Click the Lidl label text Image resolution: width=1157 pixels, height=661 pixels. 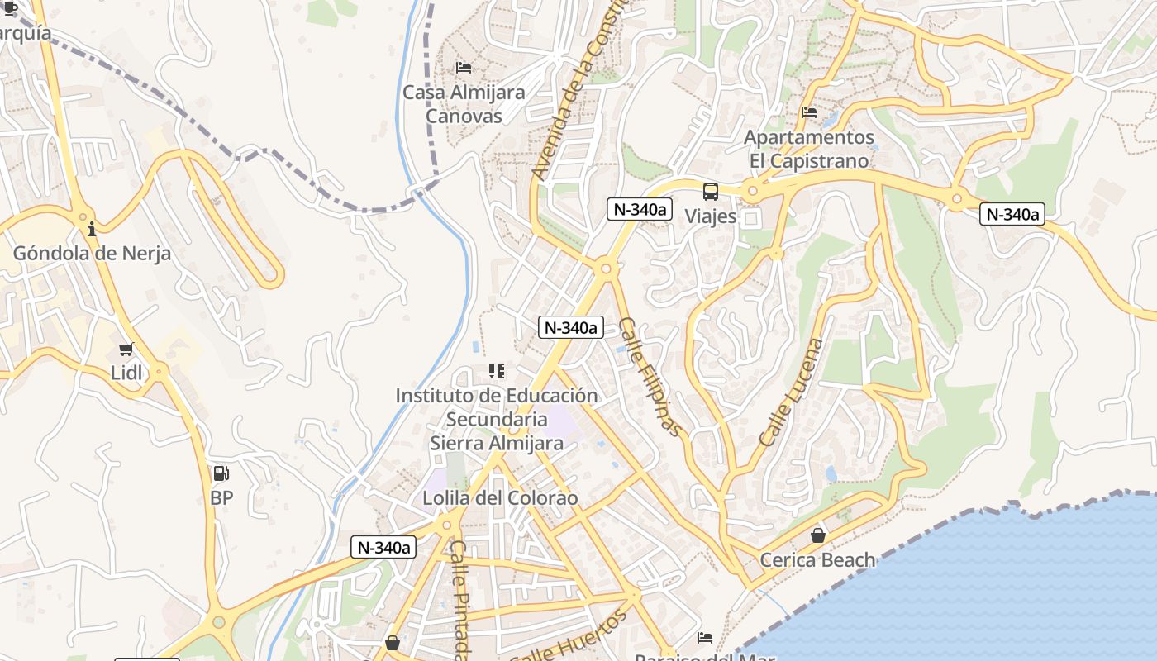[x=126, y=373]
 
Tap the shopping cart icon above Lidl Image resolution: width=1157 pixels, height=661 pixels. [x=126, y=350]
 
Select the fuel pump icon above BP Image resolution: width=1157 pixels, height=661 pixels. [x=221, y=473]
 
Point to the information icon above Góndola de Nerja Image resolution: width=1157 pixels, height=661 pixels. [x=91, y=229]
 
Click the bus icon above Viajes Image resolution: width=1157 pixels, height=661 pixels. [x=711, y=193]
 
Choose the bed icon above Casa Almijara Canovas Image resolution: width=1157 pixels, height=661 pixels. [x=464, y=67]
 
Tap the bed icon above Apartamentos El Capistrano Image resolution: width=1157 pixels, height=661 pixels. [x=809, y=112]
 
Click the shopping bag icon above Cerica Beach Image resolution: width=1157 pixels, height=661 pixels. [x=818, y=535]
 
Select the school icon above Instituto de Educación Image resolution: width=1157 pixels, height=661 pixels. [x=496, y=371]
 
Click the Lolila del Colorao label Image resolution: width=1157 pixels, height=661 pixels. [x=500, y=498]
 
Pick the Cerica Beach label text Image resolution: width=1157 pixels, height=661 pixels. [x=817, y=560]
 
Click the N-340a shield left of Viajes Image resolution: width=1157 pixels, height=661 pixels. [x=639, y=209]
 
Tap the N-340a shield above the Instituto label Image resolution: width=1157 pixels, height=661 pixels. [x=570, y=327]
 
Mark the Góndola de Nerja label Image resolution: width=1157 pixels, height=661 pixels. [x=92, y=253]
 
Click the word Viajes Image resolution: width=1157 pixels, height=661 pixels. [x=711, y=216]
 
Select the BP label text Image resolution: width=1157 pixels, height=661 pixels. [x=221, y=497]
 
